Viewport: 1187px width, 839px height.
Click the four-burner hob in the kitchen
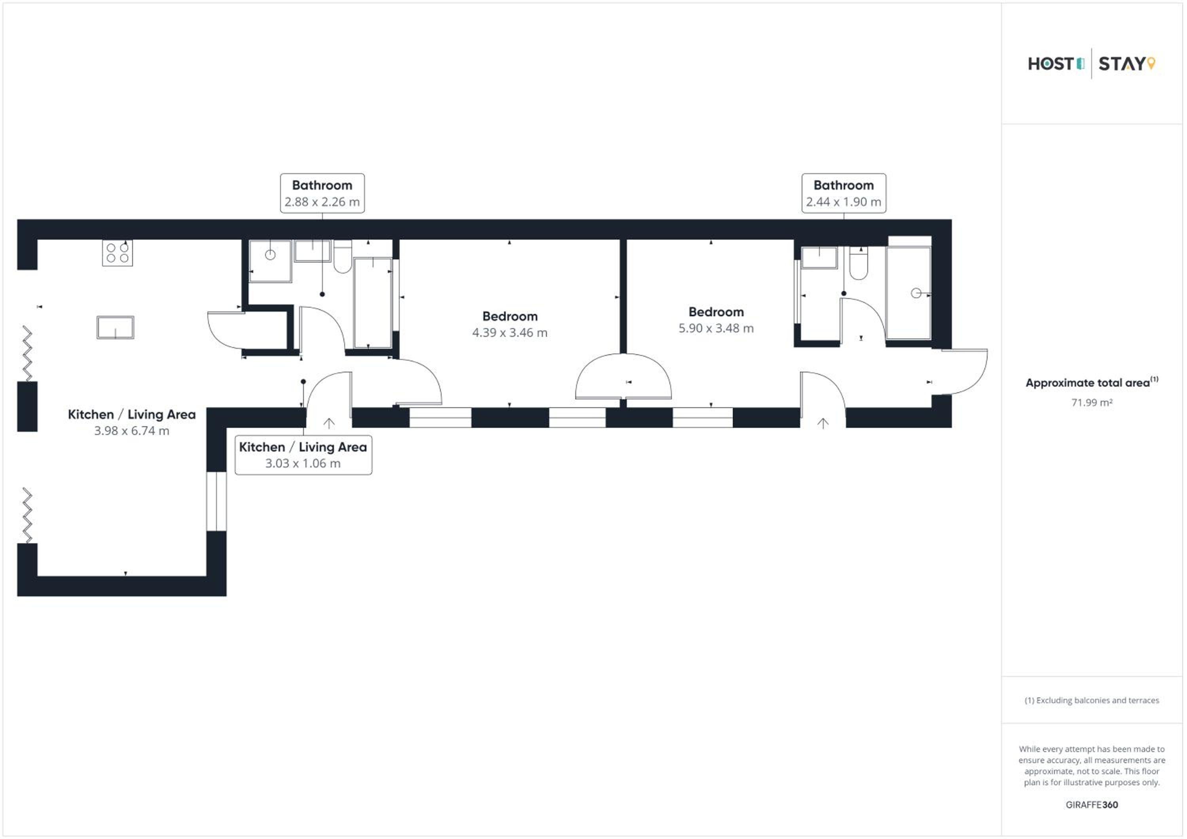pos(118,253)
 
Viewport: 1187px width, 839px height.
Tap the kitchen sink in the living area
pos(115,327)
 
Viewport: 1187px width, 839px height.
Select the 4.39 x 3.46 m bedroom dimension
pos(510,333)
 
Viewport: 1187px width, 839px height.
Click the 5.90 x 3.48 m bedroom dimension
pos(716,328)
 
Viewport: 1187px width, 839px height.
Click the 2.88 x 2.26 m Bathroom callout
pos(322,193)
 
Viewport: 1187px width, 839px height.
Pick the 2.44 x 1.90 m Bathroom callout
pos(844,193)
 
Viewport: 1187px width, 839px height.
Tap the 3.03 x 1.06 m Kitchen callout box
pos(303,455)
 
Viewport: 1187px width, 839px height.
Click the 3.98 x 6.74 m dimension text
pos(132,431)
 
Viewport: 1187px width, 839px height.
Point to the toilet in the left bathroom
pos(342,256)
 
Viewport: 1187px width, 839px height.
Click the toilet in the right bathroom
pos(859,263)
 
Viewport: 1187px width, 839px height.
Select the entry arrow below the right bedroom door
pos(823,423)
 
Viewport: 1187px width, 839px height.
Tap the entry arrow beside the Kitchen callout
pos(329,423)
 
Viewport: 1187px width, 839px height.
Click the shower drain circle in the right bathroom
pos(916,293)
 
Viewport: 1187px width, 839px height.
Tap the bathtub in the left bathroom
pos(373,303)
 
